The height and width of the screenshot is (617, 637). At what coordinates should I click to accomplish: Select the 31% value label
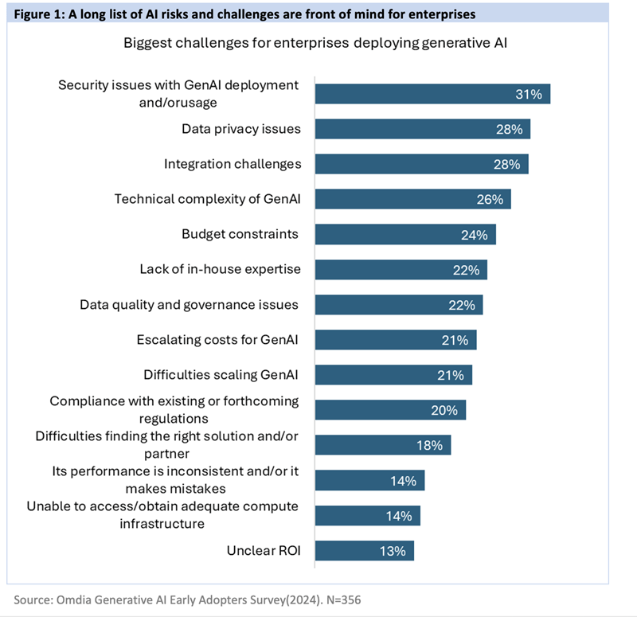[x=528, y=94]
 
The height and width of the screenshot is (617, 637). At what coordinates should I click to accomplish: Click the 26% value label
[x=489, y=199]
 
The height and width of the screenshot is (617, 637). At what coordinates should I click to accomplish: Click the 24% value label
[x=475, y=234]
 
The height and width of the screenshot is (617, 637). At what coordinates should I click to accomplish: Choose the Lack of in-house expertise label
[x=221, y=269]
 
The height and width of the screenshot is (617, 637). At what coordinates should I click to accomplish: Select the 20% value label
[x=444, y=410]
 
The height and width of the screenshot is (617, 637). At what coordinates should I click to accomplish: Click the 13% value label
[x=393, y=550]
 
